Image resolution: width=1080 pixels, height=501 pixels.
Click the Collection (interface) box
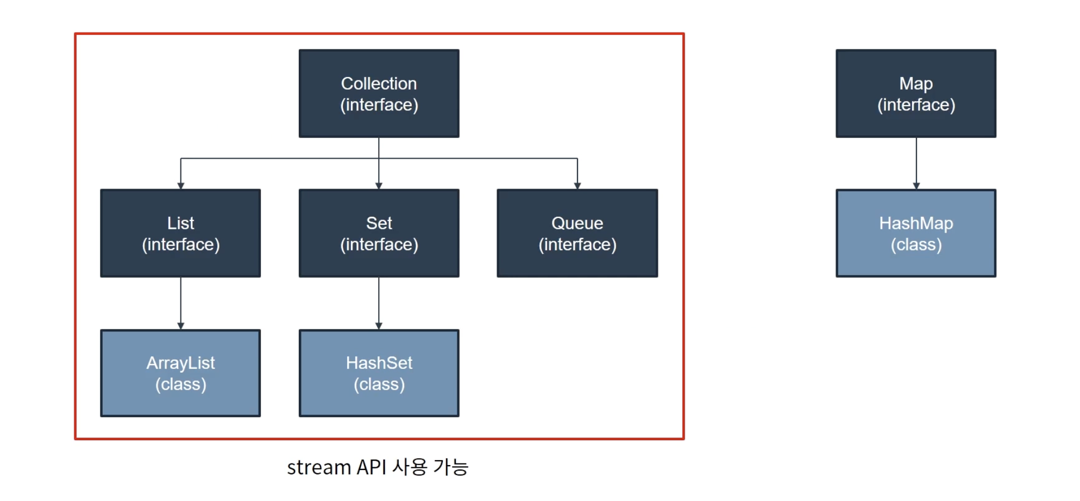click(x=379, y=93)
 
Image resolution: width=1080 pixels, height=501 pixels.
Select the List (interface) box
click(x=180, y=233)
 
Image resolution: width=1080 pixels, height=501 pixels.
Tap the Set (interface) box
click(x=379, y=233)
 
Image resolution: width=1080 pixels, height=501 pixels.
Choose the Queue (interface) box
click(x=577, y=233)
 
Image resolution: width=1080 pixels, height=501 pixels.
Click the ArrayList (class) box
click(x=180, y=373)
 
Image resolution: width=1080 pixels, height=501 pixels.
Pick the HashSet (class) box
click(x=379, y=373)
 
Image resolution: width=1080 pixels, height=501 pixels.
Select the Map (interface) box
click(x=915, y=93)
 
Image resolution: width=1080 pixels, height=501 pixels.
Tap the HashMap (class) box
click(x=915, y=233)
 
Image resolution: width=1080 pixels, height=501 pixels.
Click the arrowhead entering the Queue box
click(x=577, y=186)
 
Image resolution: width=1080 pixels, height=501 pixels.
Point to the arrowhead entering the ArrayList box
click(x=180, y=325)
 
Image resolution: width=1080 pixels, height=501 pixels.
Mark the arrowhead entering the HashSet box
click(x=379, y=325)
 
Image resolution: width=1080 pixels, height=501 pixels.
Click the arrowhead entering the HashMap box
click(x=916, y=186)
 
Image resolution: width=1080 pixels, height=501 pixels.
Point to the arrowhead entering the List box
click(x=180, y=186)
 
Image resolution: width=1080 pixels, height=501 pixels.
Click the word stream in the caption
click(x=319, y=467)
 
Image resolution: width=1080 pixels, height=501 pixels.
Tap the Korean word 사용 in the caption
click(x=410, y=467)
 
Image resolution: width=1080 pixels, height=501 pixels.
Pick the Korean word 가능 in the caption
click(x=451, y=467)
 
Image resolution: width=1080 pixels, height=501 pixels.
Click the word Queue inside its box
click(x=577, y=223)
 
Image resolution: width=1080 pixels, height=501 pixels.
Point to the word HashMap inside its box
click(x=915, y=223)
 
